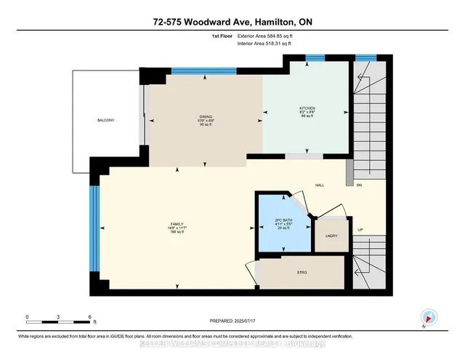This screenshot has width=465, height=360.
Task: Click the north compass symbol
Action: (429, 317)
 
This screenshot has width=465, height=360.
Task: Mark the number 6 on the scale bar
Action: (89, 317)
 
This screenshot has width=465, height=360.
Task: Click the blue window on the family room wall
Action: (93, 228)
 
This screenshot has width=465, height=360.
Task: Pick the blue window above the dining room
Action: (203, 71)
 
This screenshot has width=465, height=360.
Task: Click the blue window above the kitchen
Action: (314, 58)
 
